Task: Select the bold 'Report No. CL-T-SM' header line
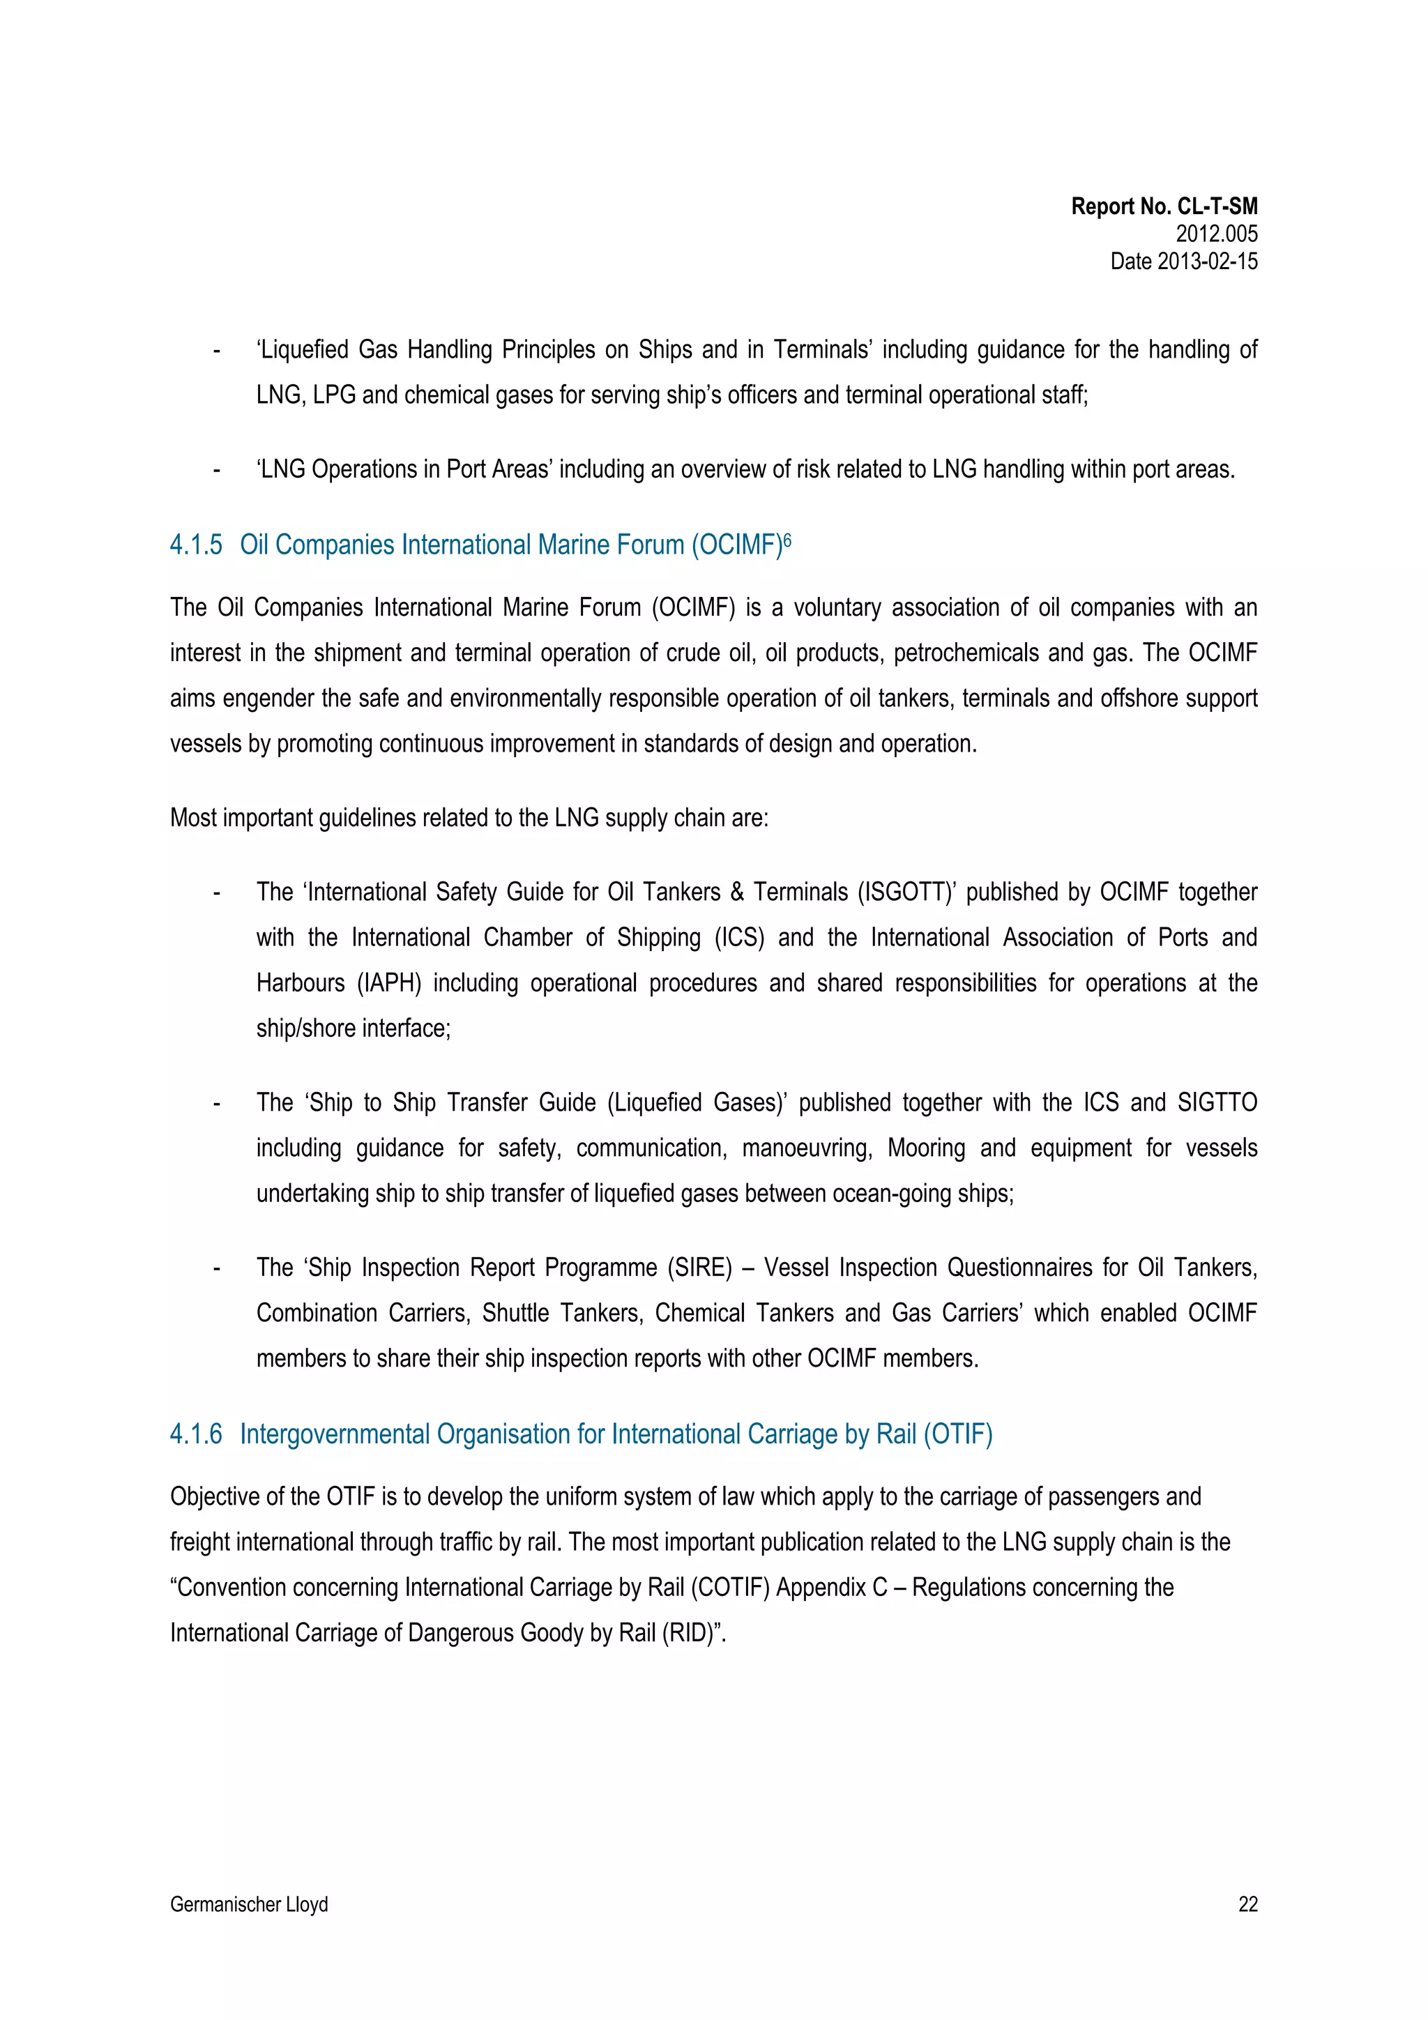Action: tap(1163, 207)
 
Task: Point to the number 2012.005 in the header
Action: tap(1216, 234)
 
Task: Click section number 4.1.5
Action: tap(195, 545)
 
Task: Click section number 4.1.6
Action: tap(195, 1435)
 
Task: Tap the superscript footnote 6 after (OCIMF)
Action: tap(787, 538)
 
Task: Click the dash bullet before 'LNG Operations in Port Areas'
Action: tap(216, 471)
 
